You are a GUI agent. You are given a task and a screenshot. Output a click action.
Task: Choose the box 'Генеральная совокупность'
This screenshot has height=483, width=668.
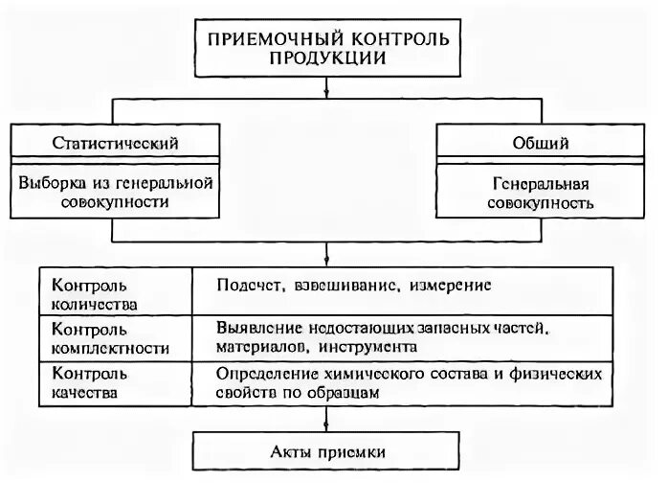[x=542, y=192]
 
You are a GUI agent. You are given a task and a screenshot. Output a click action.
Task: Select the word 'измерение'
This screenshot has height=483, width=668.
[x=455, y=285]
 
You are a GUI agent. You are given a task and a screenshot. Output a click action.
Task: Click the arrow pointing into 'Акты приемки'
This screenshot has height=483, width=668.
[x=327, y=422]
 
